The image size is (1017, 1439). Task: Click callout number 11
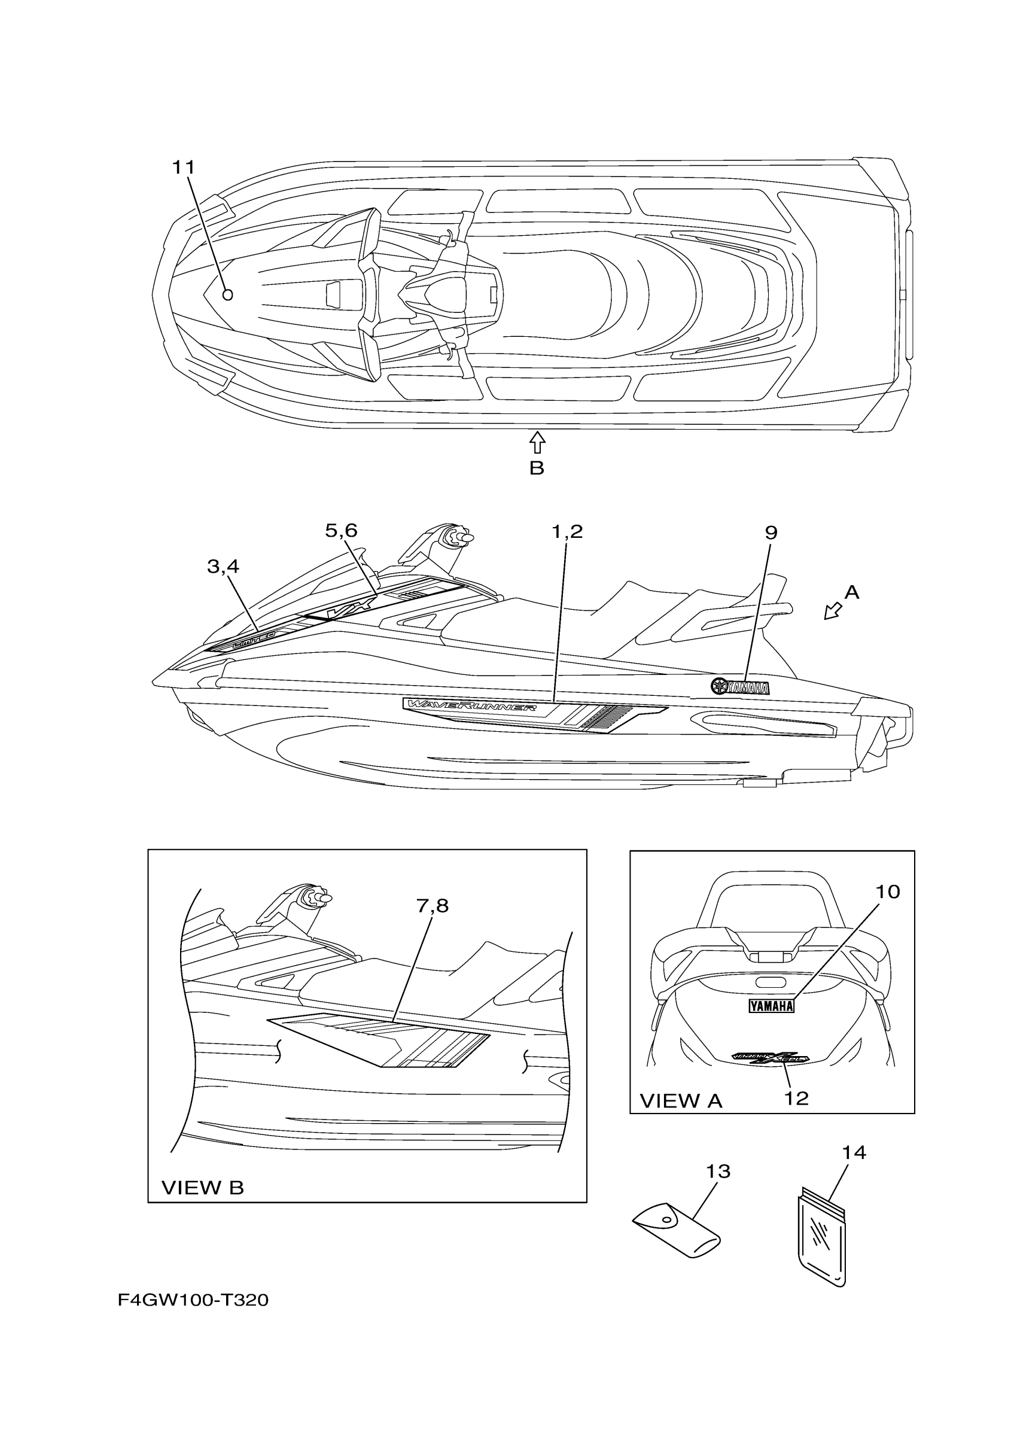(184, 168)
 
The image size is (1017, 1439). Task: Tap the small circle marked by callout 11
(228, 294)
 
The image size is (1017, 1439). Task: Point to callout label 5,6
(341, 531)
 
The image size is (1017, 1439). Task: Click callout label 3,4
(223, 567)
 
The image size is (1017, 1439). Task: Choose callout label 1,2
(567, 532)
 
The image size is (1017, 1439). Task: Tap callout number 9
(771, 533)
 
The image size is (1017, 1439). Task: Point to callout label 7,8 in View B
(433, 906)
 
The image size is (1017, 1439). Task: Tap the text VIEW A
(681, 1101)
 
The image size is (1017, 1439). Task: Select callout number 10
(887, 892)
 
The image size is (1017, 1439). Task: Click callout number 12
(796, 1098)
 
